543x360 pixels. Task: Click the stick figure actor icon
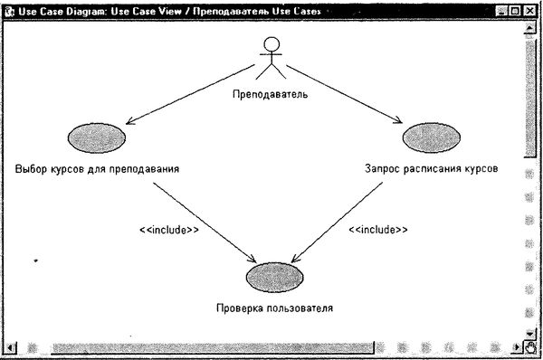(x=270, y=60)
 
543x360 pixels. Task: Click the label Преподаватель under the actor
(x=271, y=93)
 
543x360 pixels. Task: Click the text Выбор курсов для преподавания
(x=97, y=169)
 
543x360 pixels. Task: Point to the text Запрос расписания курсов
(x=431, y=169)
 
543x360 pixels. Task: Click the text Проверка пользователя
(x=274, y=308)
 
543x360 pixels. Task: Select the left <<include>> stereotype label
(x=168, y=230)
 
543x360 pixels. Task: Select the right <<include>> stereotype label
(x=377, y=230)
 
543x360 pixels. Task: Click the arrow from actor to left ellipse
(x=186, y=94)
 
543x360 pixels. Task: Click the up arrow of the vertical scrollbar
(x=531, y=27)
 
